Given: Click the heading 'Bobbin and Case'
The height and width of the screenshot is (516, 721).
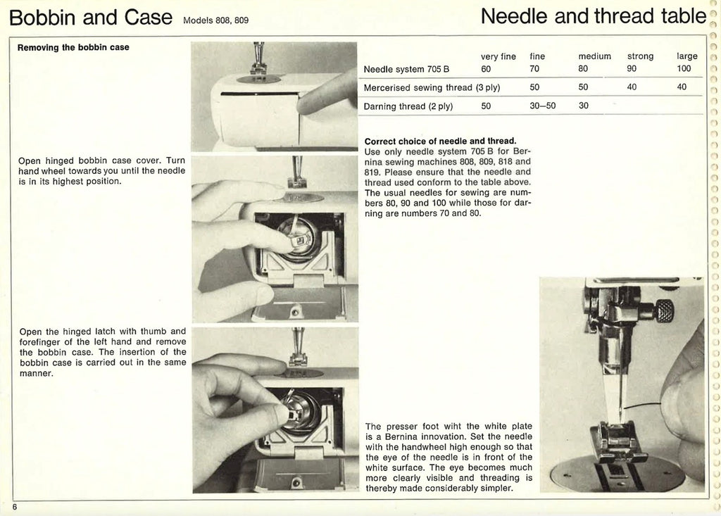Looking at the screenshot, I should (x=91, y=16).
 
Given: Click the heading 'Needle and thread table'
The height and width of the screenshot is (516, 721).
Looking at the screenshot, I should (x=593, y=15).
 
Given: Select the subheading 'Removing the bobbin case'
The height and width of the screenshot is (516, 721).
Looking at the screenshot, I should (x=73, y=48).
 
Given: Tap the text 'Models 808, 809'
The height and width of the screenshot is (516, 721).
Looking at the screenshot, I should (x=215, y=20).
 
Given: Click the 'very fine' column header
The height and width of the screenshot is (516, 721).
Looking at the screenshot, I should (x=498, y=56).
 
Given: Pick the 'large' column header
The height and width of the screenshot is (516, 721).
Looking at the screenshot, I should (x=686, y=56).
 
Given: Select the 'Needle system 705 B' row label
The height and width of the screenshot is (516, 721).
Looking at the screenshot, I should (x=406, y=69).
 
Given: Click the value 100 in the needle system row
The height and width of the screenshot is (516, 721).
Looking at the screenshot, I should (x=684, y=69).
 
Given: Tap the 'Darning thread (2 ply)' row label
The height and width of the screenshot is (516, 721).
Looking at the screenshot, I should (x=408, y=107).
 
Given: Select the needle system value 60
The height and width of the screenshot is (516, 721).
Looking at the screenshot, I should (x=486, y=69).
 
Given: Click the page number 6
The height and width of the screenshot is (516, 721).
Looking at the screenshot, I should (x=13, y=507).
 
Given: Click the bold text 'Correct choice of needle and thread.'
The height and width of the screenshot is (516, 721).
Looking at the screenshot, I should (x=440, y=140).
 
